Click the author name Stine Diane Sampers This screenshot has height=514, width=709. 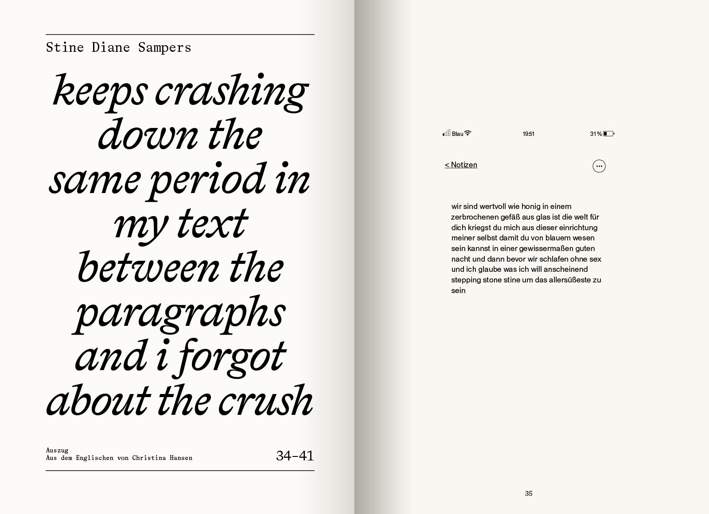(x=118, y=47)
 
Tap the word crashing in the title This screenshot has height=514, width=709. (x=231, y=92)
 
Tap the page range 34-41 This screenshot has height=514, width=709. (x=295, y=456)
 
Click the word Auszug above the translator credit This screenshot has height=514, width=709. (x=57, y=450)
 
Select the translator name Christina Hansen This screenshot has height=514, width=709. (x=162, y=458)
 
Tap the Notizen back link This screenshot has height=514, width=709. (x=461, y=165)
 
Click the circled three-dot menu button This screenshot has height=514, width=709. (x=599, y=166)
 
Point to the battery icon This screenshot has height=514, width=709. (x=608, y=134)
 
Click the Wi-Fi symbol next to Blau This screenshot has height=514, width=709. (x=467, y=133)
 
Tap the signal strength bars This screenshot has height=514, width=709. (x=446, y=133)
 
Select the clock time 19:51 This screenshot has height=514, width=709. (x=528, y=134)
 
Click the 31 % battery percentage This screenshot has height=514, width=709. (x=596, y=134)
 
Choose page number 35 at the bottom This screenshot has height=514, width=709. (x=529, y=494)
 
